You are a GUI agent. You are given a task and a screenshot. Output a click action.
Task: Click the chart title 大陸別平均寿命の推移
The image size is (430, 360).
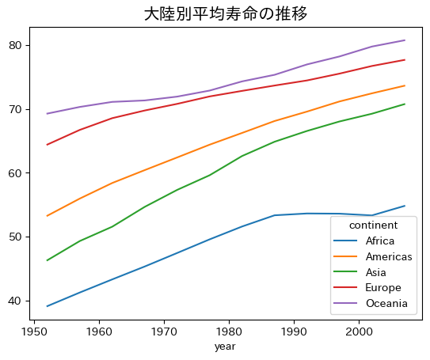coord(226,14)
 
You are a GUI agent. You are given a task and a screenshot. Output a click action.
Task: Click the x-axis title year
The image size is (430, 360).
coord(226,347)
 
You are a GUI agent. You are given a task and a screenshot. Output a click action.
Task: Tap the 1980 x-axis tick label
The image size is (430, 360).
coord(230,332)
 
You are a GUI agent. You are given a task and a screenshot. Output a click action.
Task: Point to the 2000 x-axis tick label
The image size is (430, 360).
coord(359,332)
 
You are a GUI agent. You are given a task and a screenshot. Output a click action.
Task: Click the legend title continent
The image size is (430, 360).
coord(375,226)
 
